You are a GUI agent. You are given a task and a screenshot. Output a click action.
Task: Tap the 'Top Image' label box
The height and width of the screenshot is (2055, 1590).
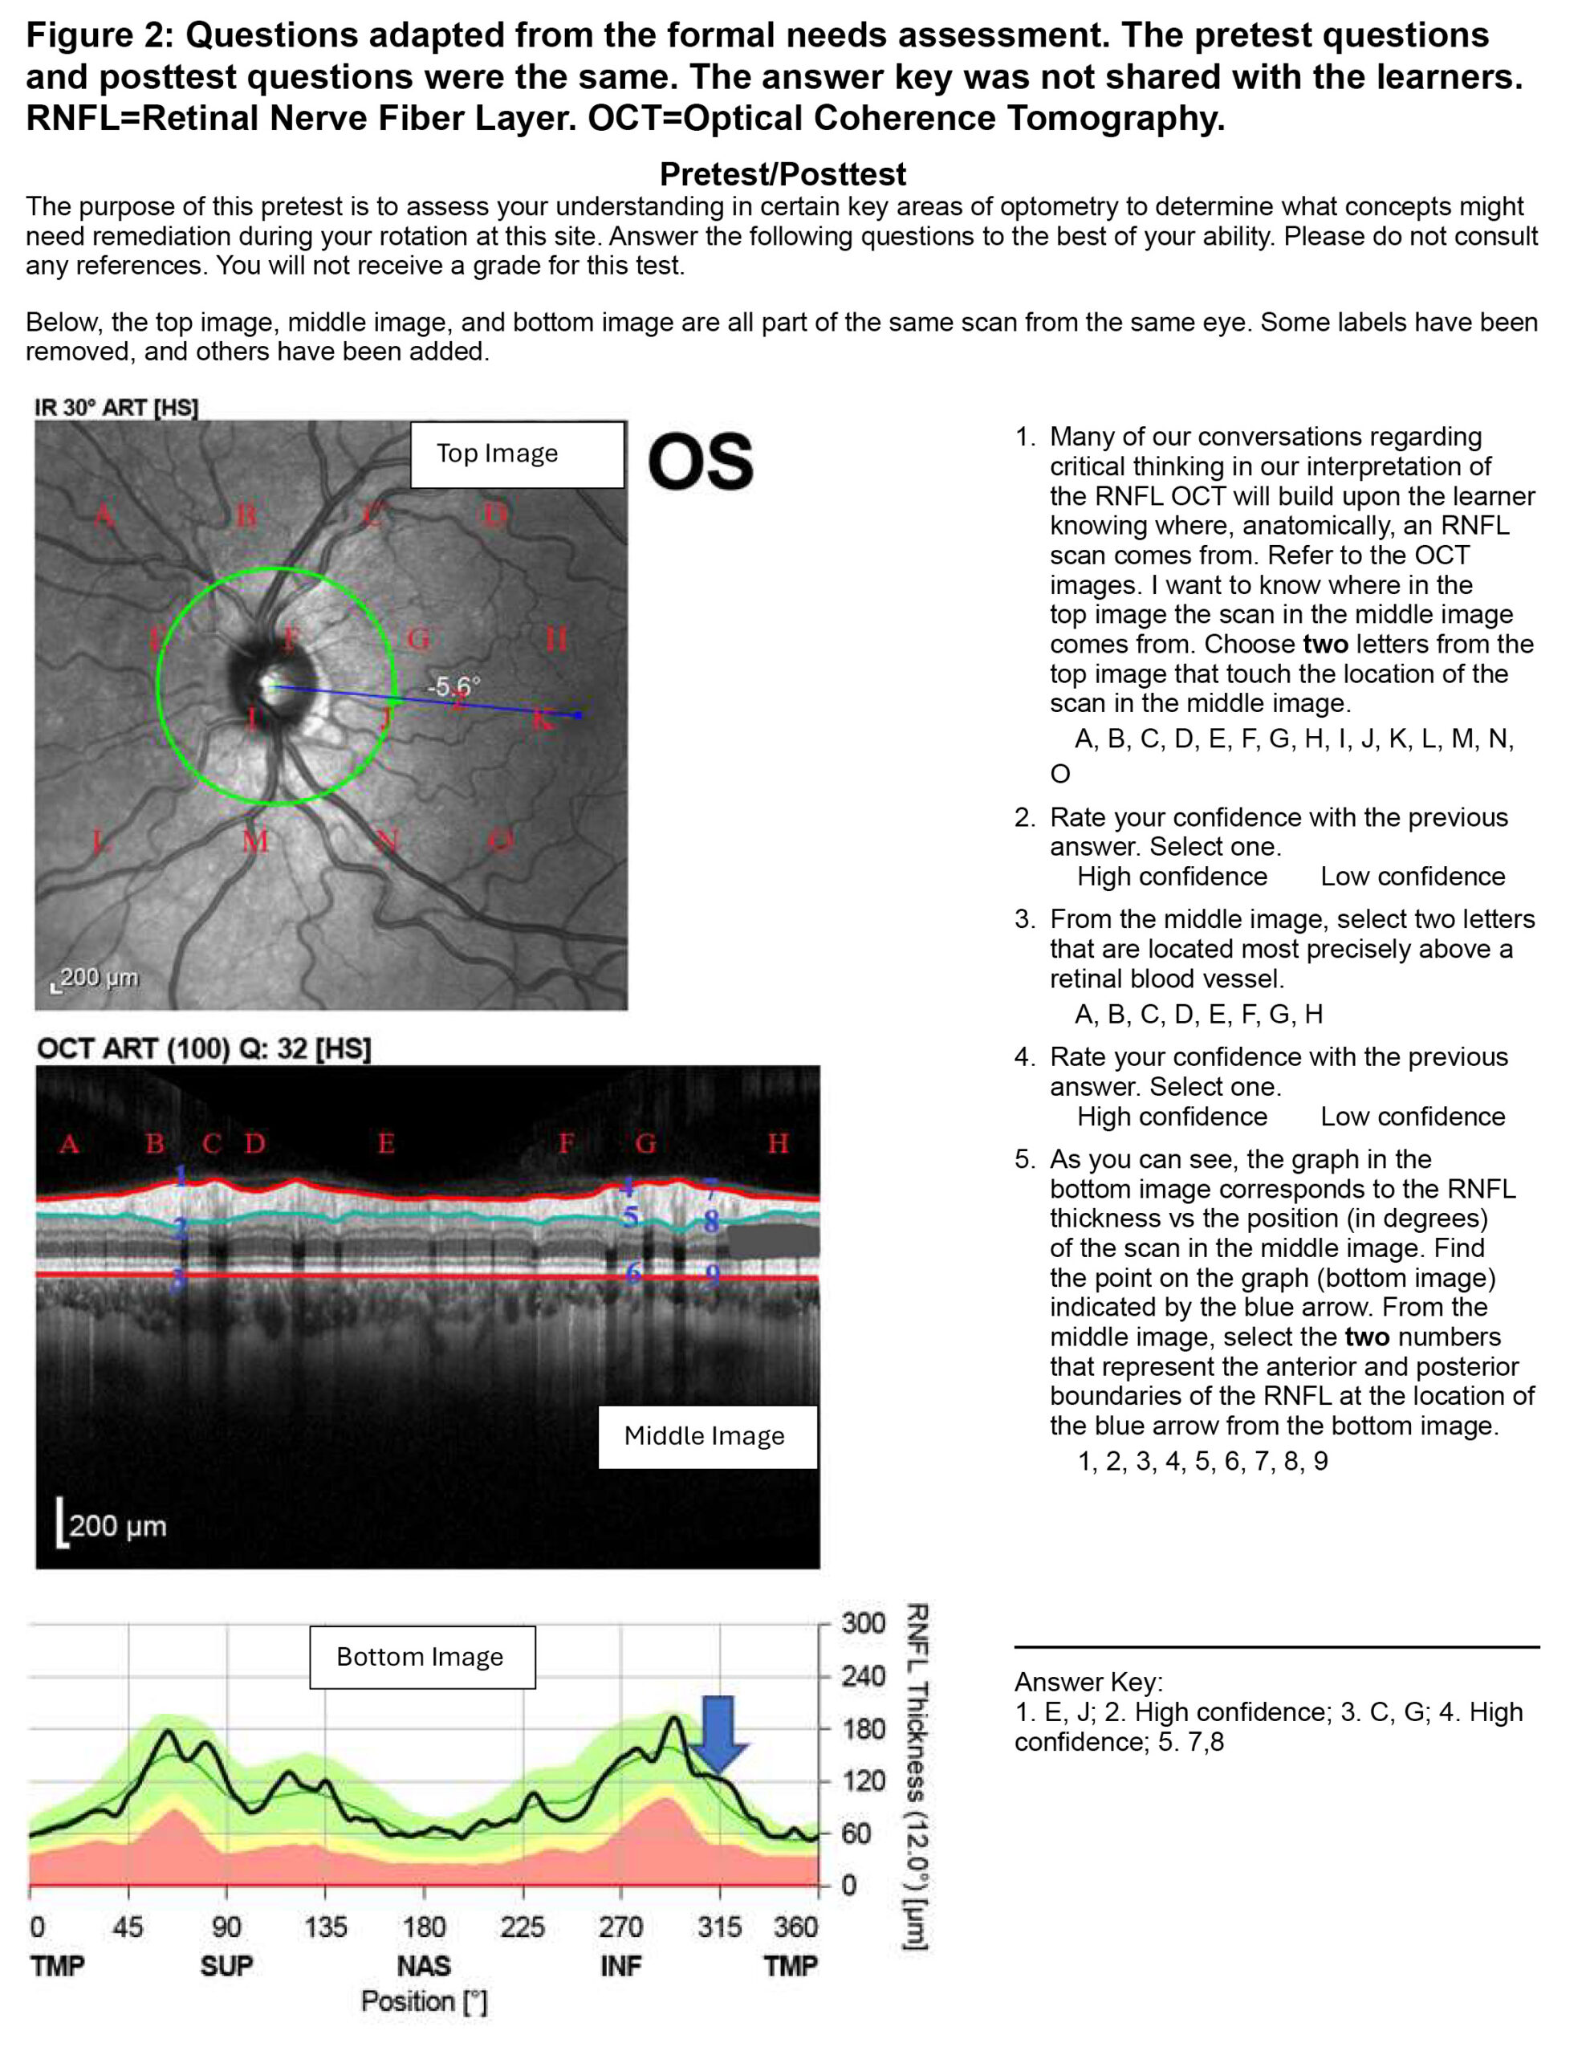click(x=517, y=454)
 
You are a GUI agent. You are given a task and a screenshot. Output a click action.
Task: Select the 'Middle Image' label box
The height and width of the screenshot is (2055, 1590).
click(x=706, y=1436)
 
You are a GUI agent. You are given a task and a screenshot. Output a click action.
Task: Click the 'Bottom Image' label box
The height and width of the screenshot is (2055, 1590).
click(x=422, y=1657)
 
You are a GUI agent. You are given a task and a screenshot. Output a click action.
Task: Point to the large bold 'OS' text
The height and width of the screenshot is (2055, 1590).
click(x=701, y=462)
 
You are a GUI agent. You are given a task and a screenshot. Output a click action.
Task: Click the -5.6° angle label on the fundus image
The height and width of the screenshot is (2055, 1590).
click(x=453, y=687)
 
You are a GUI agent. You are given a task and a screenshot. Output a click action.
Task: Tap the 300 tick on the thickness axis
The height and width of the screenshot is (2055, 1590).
click(x=862, y=1623)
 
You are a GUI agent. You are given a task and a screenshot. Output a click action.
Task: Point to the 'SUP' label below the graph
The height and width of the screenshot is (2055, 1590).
click(x=226, y=1966)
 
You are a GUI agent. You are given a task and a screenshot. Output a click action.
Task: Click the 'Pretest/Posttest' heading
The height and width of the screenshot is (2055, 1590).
click(x=782, y=174)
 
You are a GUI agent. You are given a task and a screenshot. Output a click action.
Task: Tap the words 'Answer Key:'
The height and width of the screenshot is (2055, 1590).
click(x=1088, y=1682)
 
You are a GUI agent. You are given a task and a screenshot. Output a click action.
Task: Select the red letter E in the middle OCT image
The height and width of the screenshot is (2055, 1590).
click(x=386, y=1143)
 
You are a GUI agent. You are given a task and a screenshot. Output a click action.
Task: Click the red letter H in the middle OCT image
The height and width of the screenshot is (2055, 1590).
click(x=777, y=1143)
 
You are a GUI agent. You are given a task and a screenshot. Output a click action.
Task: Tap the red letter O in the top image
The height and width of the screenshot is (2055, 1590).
click(x=501, y=840)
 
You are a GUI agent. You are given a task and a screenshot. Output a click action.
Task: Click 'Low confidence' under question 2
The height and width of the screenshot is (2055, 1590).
click(x=1412, y=876)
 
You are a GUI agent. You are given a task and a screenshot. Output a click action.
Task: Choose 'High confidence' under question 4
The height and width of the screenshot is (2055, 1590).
click(x=1171, y=1116)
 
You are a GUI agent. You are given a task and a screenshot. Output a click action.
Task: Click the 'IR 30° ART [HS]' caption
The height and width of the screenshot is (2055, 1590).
click(x=116, y=408)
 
